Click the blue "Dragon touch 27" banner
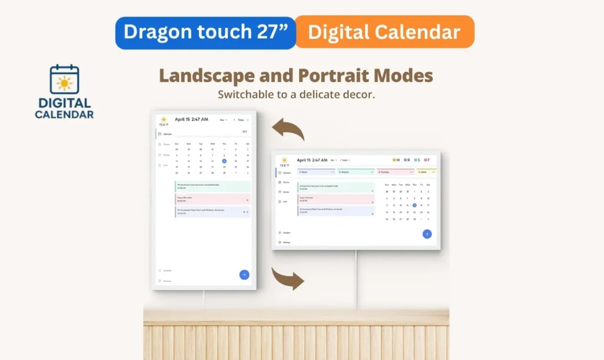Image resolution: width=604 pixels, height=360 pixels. click(x=205, y=32)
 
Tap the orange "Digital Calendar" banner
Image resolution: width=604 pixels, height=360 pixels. click(x=384, y=32)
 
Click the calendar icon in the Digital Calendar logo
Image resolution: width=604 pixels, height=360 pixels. click(x=64, y=80)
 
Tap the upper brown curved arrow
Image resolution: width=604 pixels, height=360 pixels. click(x=288, y=129)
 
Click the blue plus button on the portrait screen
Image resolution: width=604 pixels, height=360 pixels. click(x=244, y=274)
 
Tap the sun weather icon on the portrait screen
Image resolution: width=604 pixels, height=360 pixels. click(x=163, y=119)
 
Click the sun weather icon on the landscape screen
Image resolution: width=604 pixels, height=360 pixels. click(x=284, y=160)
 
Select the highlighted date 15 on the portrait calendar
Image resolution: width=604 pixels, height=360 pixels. click(x=224, y=161)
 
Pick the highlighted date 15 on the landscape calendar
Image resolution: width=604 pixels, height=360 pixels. click(x=415, y=205)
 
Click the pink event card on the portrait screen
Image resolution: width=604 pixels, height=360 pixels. click(x=212, y=199)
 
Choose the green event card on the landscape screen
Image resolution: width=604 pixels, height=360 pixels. click(x=336, y=187)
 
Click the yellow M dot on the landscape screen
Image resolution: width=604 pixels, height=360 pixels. click(x=395, y=160)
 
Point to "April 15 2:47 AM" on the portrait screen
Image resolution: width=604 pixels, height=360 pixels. click(x=191, y=119)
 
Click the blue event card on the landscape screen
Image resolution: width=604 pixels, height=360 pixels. click(x=336, y=211)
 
